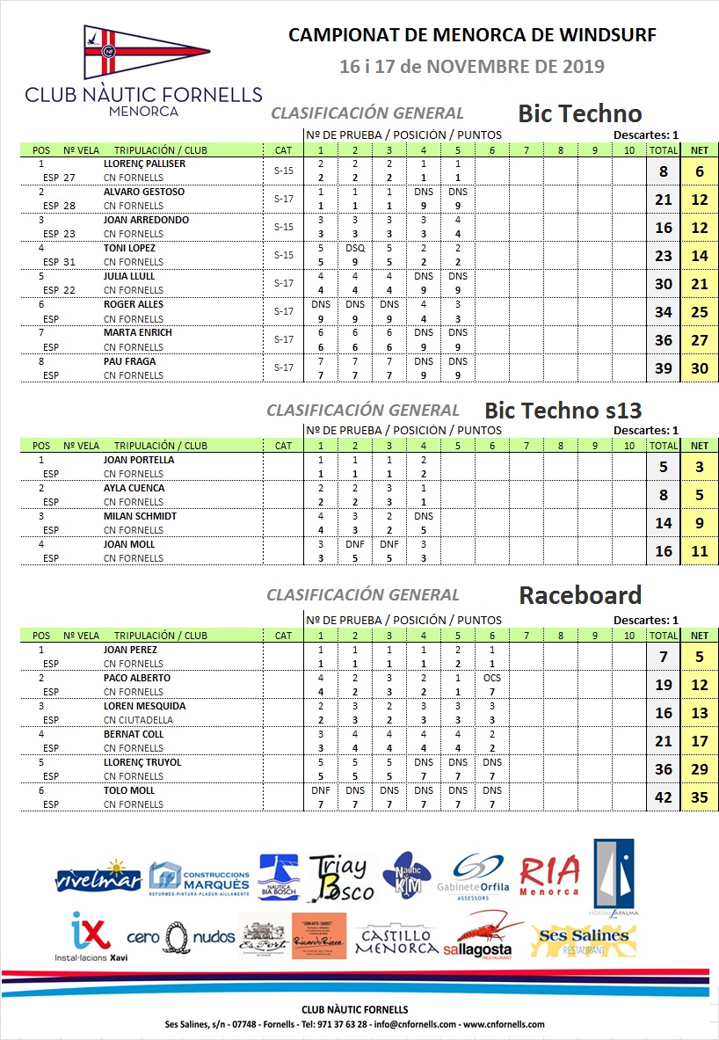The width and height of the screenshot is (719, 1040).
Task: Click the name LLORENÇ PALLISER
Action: click(x=144, y=164)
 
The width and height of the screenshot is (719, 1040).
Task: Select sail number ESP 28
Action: click(x=60, y=206)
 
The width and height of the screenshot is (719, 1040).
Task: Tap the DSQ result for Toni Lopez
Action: click(x=355, y=248)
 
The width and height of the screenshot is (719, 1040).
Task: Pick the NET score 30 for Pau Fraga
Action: click(x=700, y=368)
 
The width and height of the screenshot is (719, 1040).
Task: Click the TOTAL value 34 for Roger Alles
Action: click(x=664, y=312)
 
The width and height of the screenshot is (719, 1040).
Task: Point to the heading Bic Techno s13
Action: click(x=563, y=411)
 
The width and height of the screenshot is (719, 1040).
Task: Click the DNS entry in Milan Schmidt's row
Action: click(x=424, y=516)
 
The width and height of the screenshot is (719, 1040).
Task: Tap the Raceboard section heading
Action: click(x=580, y=595)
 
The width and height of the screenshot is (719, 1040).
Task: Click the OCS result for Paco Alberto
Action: click(x=492, y=678)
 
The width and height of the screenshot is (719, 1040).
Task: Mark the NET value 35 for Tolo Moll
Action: click(x=700, y=797)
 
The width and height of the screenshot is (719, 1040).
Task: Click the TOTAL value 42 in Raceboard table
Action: click(x=664, y=797)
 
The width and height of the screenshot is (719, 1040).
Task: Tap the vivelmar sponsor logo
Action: click(x=98, y=876)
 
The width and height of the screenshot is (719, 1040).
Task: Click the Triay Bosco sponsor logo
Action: click(x=340, y=877)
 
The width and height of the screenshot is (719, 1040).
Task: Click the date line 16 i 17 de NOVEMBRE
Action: click(x=472, y=66)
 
